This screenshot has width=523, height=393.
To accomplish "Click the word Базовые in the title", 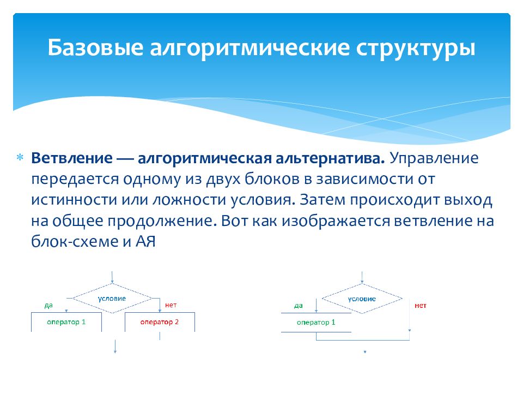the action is [x=95, y=47].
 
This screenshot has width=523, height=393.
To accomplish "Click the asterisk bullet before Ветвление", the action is [x=20, y=157].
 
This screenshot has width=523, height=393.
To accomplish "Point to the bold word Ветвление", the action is [x=72, y=158].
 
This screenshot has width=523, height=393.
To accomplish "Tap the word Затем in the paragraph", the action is [x=322, y=200].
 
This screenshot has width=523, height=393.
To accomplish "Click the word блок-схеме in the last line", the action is [x=75, y=241].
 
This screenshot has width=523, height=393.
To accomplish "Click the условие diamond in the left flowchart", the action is [x=112, y=299].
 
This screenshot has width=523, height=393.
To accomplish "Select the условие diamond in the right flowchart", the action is [x=362, y=299].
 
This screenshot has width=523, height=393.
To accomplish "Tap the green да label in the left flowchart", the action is [x=48, y=306].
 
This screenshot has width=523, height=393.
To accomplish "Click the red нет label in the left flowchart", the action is [x=171, y=305].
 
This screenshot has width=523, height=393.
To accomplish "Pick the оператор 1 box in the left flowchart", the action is [x=66, y=322].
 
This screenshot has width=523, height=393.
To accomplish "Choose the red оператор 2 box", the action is [x=160, y=322].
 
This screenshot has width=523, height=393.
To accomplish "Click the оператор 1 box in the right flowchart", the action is [x=316, y=323].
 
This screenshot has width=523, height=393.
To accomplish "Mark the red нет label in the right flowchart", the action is [x=421, y=306].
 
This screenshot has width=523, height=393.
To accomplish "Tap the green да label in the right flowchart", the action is [x=299, y=306].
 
